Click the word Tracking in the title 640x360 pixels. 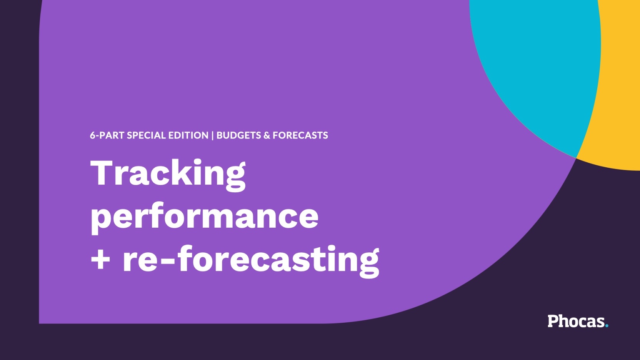pyautogui.click(x=168, y=174)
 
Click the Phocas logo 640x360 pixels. pyautogui.click(x=577, y=321)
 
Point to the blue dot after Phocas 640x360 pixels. pyautogui.click(x=607, y=326)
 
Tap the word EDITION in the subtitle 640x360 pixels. pyautogui.click(x=188, y=135)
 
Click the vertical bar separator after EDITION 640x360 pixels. pyautogui.click(x=212, y=135)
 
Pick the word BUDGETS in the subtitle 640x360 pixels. pyautogui.click(x=238, y=135)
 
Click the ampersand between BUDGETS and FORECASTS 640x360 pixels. pyautogui.click(x=267, y=135)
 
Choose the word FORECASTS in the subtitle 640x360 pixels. pyautogui.click(x=300, y=135)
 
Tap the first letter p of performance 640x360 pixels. pyautogui.click(x=101, y=219)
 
